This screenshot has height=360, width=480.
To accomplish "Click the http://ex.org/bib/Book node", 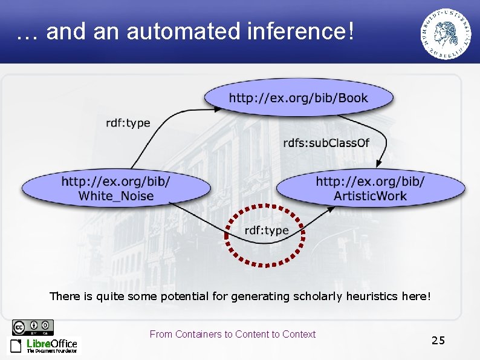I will pos(298,97).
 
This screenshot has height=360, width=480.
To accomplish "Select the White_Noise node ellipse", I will pos(116,188).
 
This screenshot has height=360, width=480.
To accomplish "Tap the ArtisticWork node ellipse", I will pos(370,188).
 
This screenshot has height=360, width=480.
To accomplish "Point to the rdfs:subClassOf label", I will pos(326,143).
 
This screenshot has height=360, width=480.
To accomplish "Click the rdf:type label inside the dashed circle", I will pos(266,231).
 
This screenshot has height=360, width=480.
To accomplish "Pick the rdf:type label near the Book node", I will pos(128,123).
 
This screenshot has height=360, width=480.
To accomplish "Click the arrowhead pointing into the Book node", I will pos(219,110).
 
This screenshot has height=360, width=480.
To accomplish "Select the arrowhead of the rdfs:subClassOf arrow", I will pos(378,165).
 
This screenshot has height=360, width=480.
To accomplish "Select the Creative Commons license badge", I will pos(33,327).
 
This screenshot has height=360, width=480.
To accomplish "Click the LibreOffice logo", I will pos(44,345).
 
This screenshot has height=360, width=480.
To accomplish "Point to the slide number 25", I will pos(438,341).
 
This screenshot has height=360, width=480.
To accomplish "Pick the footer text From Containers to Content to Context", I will pos(232,334).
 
